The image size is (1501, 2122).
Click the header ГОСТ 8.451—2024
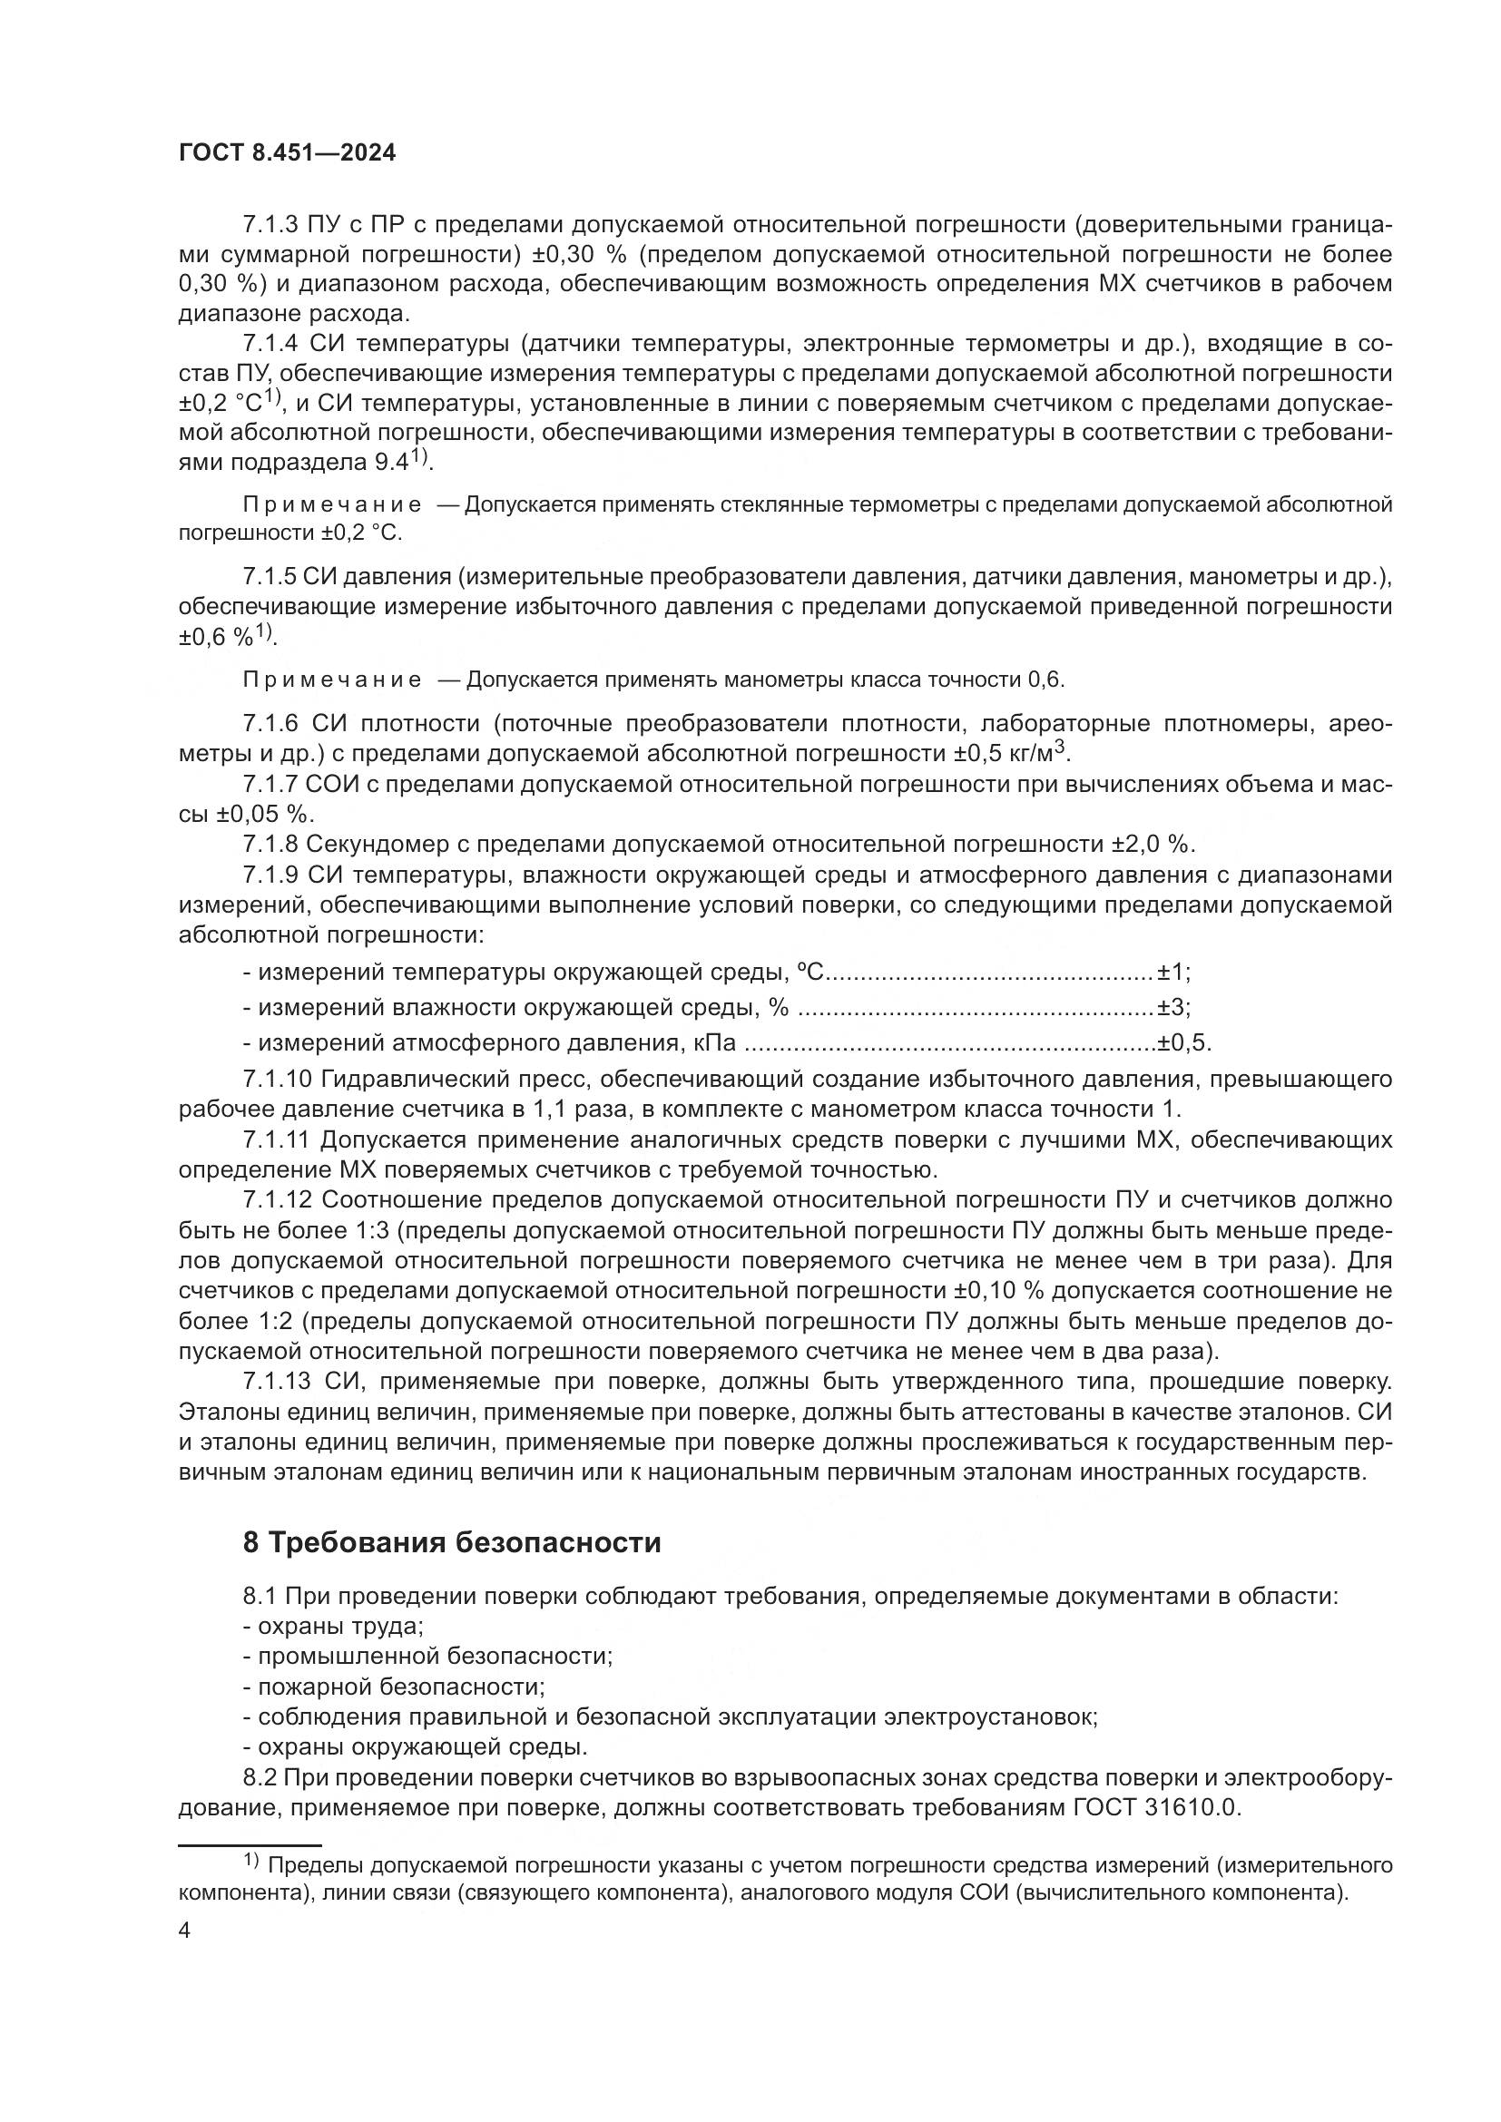point(287,153)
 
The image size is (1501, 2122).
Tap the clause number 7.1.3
point(270,225)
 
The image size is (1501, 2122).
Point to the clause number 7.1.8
point(270,844)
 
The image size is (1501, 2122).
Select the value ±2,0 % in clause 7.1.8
point(1151,844)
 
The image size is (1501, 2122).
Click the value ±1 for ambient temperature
point(1172,973)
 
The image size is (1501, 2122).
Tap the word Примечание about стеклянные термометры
point(332,504)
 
